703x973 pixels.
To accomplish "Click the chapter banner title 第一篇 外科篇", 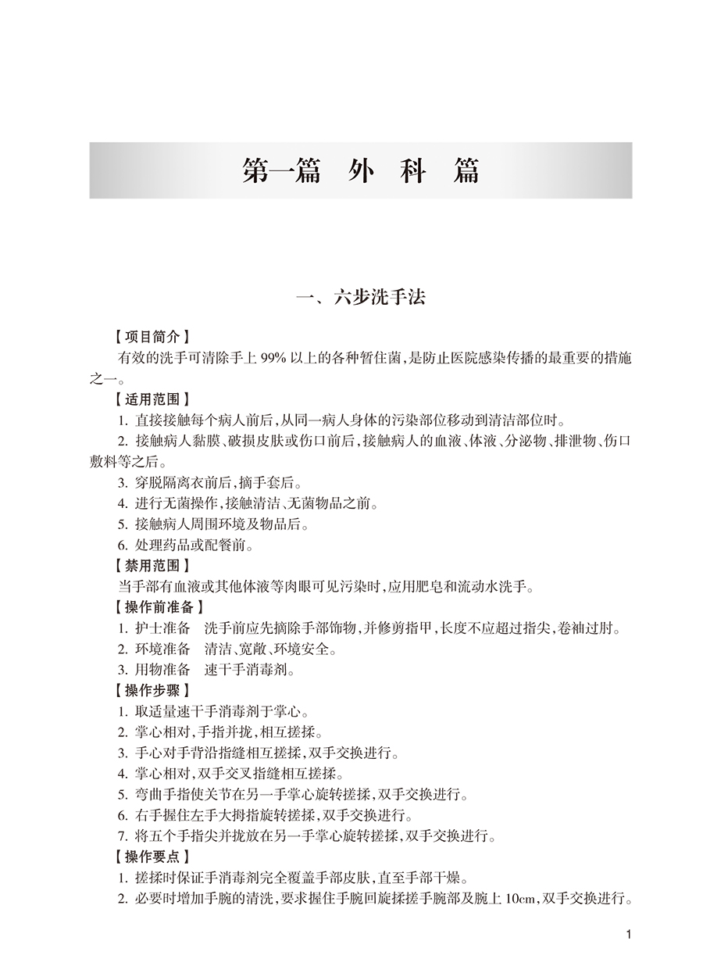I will tap(360, 170).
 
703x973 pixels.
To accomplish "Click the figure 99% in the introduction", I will tap(280, 358).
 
